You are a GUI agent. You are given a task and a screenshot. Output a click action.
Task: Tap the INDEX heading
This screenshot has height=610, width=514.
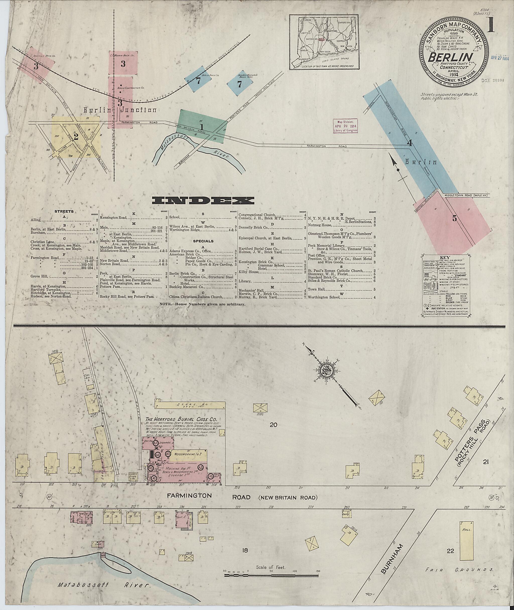pos(203,201)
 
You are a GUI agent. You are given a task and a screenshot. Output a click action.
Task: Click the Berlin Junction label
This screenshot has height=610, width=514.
pos(119,110)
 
